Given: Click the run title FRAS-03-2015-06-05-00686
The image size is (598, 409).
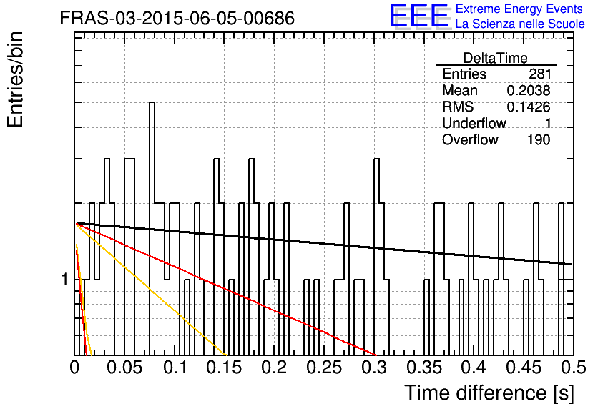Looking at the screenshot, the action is pos(177,18).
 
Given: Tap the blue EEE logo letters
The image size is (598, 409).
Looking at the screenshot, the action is pos(418,16).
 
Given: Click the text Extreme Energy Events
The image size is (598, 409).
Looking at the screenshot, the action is pos(519,9).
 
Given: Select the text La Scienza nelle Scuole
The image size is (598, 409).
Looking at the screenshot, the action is pos(520,24).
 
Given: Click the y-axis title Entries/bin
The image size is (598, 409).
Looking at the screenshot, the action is pos(15,79).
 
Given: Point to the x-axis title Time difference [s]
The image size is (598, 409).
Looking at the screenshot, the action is pos(489,393).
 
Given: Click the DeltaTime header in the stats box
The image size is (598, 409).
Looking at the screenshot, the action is pos(496,58).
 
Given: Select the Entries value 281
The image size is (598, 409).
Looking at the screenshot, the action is pos(539,74).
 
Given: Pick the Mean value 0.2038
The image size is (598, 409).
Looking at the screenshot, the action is pos(529,90).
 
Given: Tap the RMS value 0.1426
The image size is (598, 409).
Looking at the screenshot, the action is pos(529,107).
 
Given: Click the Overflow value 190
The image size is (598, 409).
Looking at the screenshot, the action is pos(539,140).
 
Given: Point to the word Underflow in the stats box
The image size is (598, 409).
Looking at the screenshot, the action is pos(474,123).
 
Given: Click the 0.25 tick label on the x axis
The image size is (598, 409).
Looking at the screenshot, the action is pos(324,368).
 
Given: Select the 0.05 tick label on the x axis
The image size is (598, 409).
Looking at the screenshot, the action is pos(124,368).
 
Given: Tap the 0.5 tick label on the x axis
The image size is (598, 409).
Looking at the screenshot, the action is pos(573,368).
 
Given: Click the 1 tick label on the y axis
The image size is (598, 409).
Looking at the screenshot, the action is pos(64,280).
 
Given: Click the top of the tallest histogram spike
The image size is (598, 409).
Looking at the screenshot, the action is pos(152,102).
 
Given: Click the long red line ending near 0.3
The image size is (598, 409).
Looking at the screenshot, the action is pos(226,290).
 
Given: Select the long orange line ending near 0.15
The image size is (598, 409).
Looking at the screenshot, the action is pos(152,290).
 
